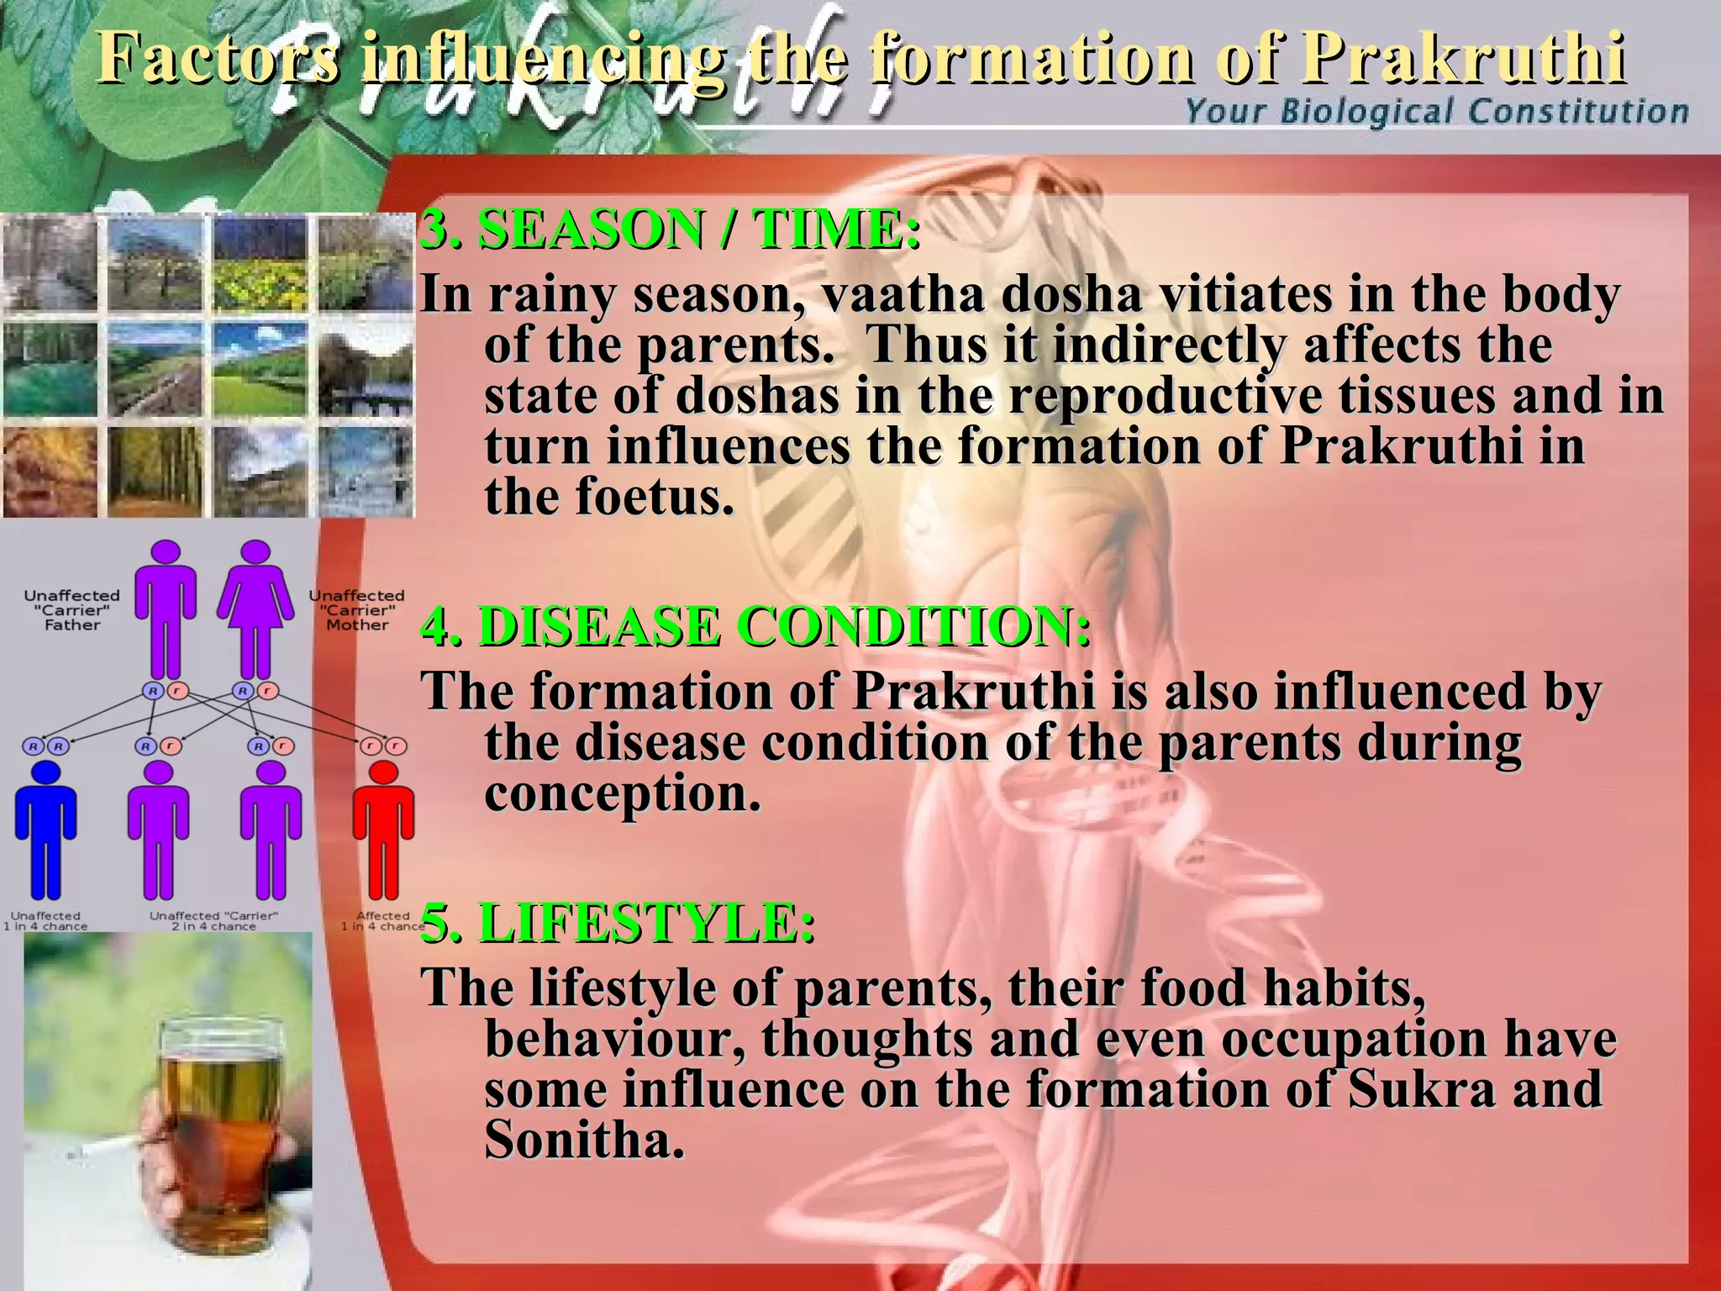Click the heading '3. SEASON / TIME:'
(x=670, y=229)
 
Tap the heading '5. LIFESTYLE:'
(x=617, y=923)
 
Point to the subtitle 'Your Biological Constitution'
(x=1436, y=112)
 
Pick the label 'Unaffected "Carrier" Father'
(x=72, y=610)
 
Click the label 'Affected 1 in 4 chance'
(x=383, y=921)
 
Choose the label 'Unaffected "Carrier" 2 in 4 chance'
(x=213, y=921)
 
